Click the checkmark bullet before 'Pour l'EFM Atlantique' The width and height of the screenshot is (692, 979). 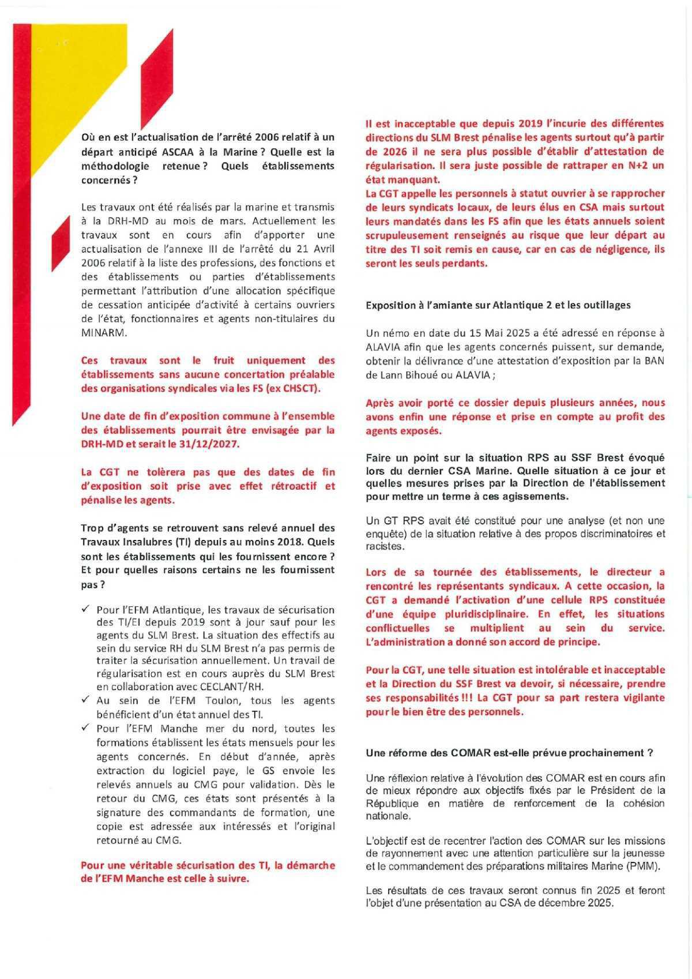coord(85,609)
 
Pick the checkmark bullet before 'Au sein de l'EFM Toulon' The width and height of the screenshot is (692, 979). coord(85,700)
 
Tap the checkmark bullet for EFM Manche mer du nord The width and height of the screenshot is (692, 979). coord(85,728)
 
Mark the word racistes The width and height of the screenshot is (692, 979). coord(385,546)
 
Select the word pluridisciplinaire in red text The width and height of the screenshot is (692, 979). coord(476,614)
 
